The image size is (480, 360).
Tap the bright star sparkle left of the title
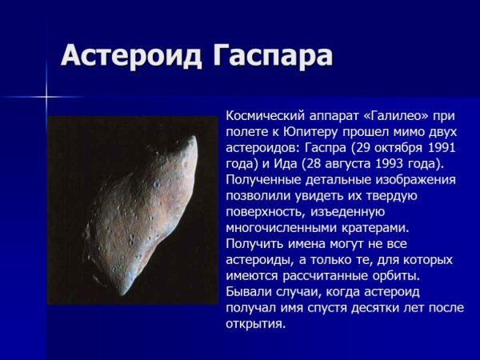point(46,98)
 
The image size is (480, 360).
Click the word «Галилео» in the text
point(395,115)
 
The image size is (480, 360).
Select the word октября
point(405,147)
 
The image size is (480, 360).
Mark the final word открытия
point(255,324)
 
